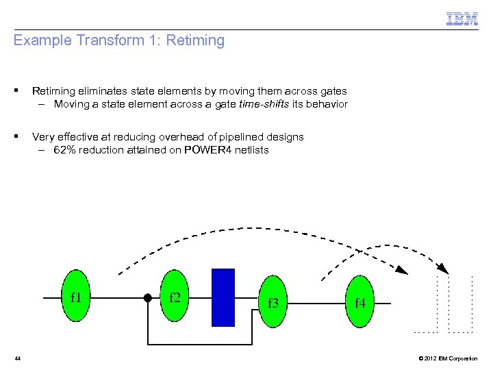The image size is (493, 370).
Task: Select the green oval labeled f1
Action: [76, 297]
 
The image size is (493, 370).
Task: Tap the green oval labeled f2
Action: [175, 297]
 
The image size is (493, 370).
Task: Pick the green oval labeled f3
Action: [273, 301]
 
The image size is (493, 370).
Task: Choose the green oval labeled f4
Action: [359, 301]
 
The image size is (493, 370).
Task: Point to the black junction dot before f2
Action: [147, 298]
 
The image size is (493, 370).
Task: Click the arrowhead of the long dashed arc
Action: [443, 269]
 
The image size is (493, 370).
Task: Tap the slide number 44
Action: [18, 358]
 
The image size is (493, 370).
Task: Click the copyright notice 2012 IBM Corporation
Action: [448, 358]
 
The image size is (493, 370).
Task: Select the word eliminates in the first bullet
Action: [102, 91]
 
